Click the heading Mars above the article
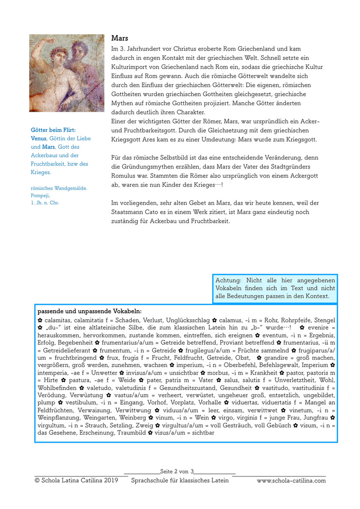(120, 38)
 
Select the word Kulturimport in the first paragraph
(130, 67)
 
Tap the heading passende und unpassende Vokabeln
(89, 311)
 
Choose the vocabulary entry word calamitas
(58, 320)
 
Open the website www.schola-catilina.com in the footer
(291, 480)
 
